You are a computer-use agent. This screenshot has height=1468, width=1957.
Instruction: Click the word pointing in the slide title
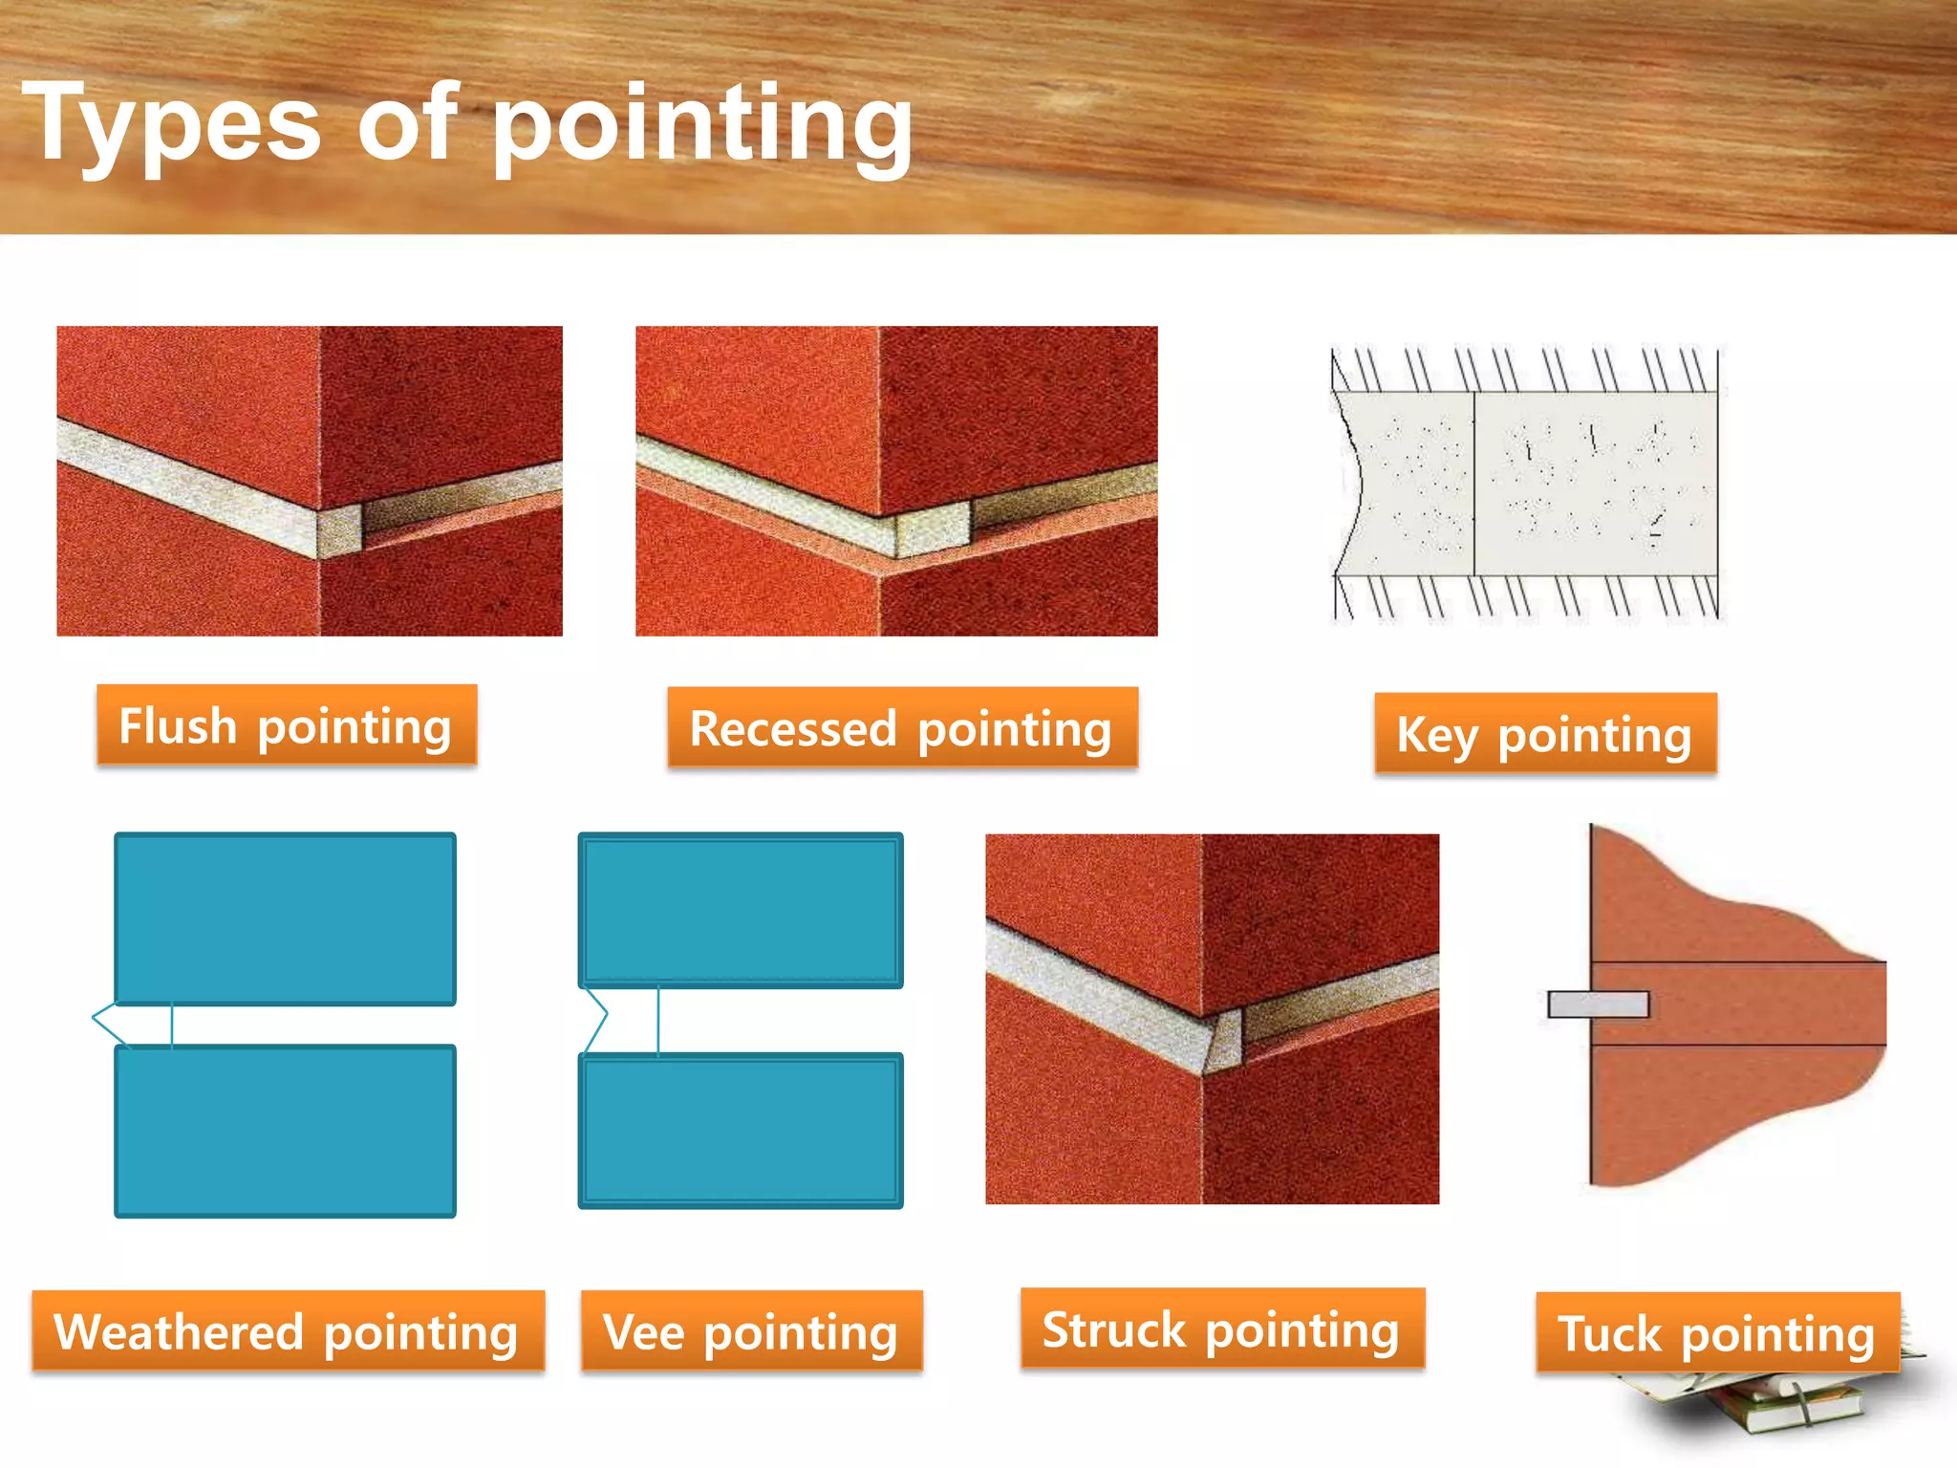click(x=702, y=124)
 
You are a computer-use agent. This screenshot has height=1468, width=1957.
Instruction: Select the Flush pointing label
click(x=286, y=725)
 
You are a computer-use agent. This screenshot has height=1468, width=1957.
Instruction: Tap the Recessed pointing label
click(x=902, y=728)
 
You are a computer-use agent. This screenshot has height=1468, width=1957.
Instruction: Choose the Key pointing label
click(x=1545, y=734)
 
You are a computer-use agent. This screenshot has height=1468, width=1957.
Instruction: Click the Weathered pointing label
click(x=288, y=1331)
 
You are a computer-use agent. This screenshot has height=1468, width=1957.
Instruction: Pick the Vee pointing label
click(x=751, y=1331)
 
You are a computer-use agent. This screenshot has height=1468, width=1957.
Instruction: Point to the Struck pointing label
click(x=1222, y=1328)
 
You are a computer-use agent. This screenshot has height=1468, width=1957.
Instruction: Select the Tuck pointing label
click(x=1717, y=1333)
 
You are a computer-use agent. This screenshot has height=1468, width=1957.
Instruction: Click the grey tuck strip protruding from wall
click(x=1598, y=1004)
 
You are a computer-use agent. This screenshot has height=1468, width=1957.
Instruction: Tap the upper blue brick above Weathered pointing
click(x=285, y=918)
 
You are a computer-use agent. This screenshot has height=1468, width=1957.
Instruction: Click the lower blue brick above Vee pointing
click(x=741, y=1131)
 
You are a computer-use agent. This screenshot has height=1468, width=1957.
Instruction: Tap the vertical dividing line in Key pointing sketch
click(x=1474, y=483)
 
